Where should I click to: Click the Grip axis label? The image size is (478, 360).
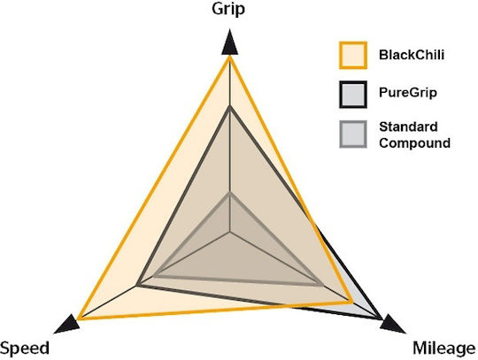click(228, 9)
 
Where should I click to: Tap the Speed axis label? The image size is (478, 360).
click(25, 348)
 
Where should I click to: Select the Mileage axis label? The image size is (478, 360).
click(444, 349)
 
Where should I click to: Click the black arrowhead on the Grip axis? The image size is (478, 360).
click(229, 42)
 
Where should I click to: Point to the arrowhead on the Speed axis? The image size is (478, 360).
click(67, 325)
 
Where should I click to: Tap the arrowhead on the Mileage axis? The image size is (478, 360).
click(392, 325)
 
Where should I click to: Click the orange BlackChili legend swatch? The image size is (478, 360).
click(353, 55)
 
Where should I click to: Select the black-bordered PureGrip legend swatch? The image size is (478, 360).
click(353, 94)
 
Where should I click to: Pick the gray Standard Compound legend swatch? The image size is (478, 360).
click(353, 134)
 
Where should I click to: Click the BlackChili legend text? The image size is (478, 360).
click(412, 55)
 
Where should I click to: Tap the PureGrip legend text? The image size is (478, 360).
click(408, 93)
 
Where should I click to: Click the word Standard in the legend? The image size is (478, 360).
click(408, 126)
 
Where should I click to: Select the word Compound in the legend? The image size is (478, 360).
click(414, 142)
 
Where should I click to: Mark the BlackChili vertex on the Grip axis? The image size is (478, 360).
click(229, 57)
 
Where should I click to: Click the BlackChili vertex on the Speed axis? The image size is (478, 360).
click(80, 318)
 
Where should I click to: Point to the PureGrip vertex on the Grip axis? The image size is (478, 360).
click(229, 108)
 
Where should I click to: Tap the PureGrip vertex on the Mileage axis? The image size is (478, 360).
click(381, 318)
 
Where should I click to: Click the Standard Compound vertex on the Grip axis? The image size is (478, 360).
click(229, 195)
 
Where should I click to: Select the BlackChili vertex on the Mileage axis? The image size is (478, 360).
click(351, 302)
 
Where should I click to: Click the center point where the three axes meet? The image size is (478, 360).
click(230, 233)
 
